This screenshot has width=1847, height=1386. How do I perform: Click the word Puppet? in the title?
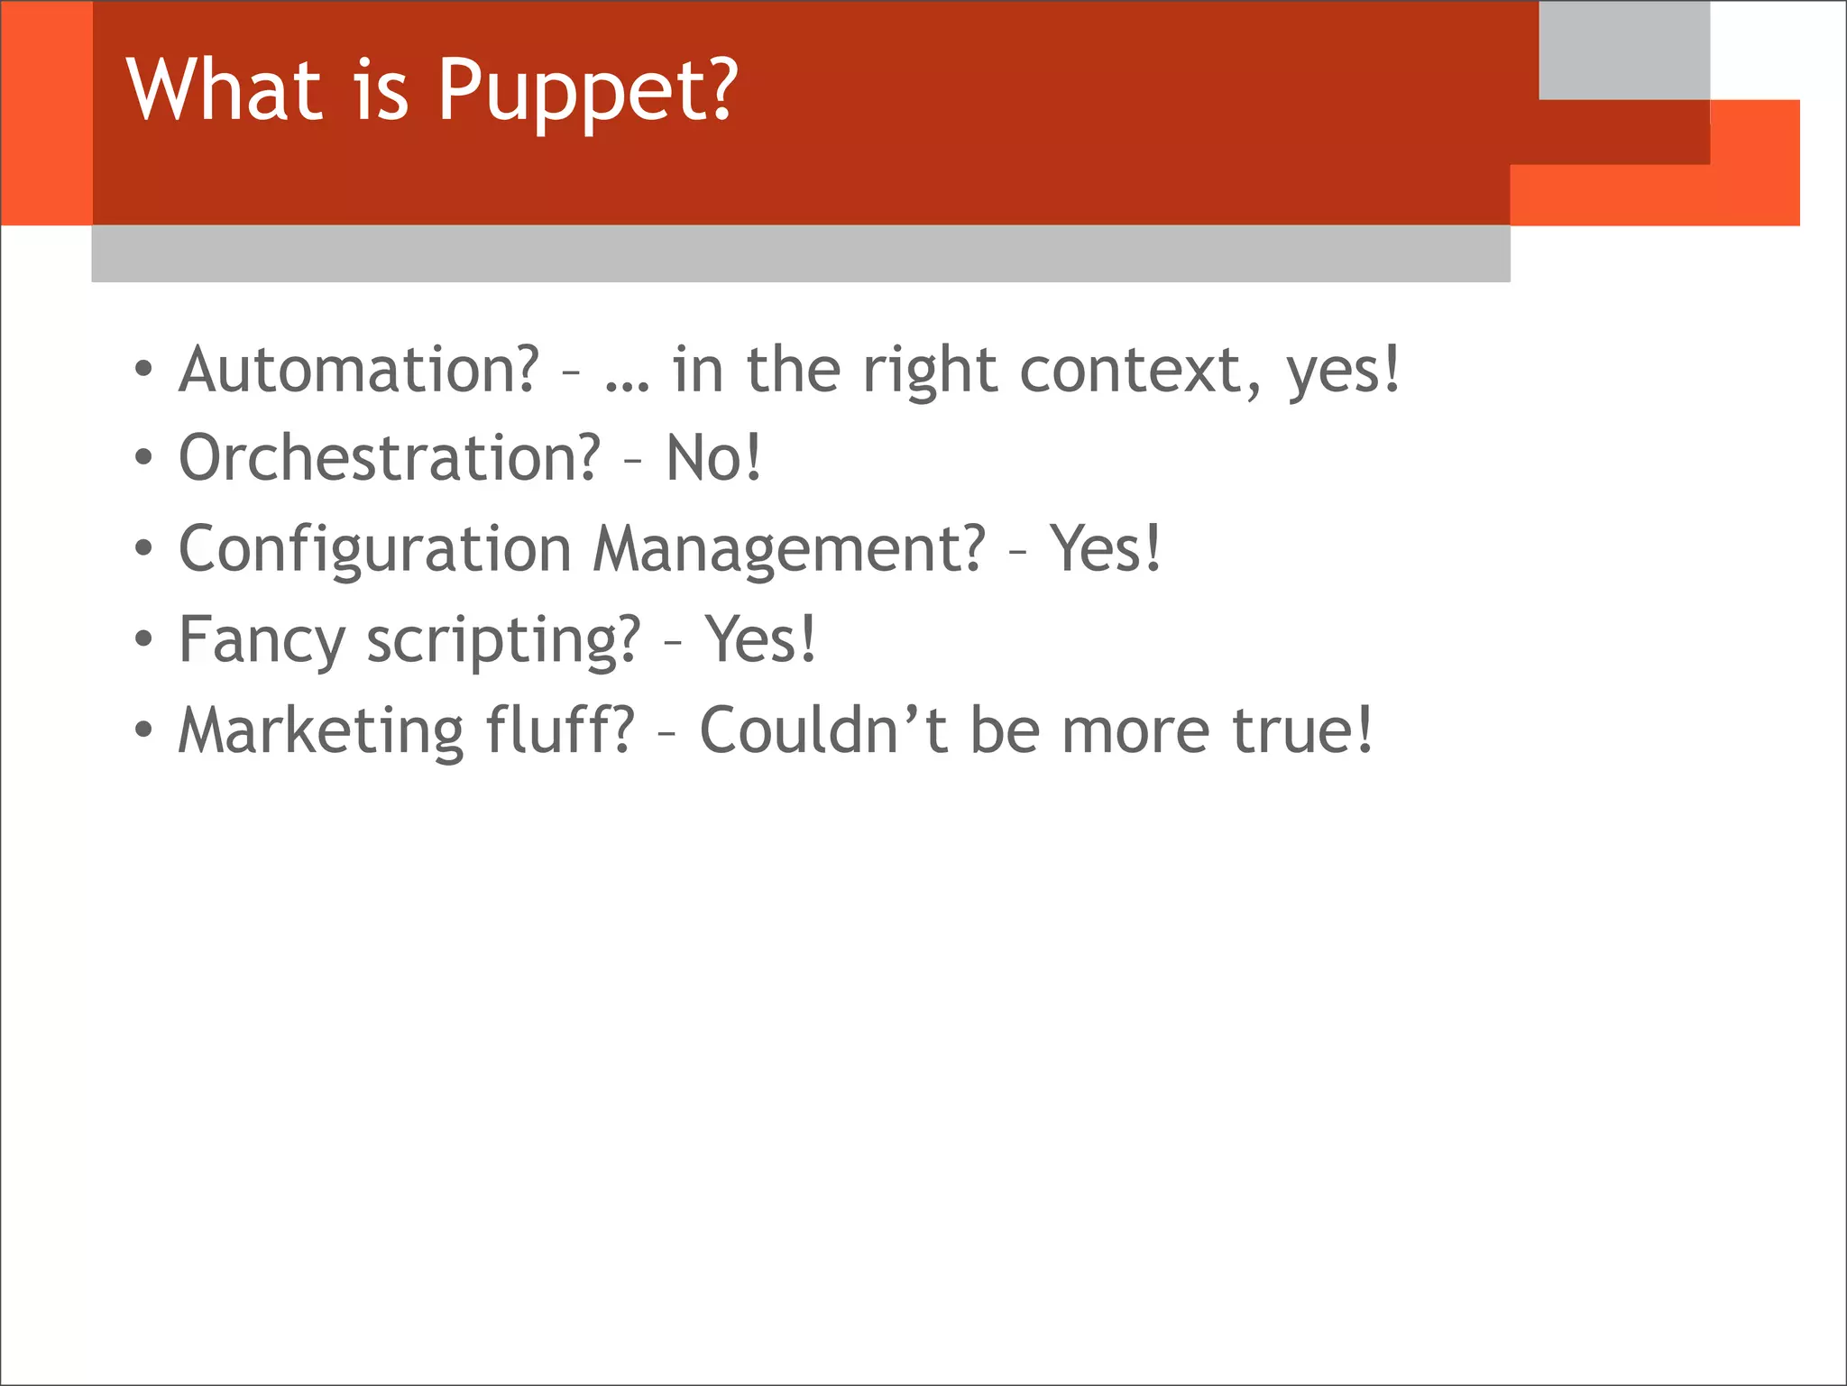tap(588, 90)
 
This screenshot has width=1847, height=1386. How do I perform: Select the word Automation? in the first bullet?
tap(359, 370)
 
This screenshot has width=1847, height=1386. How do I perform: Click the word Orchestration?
tap(389, 458)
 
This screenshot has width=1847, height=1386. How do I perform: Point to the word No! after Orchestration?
tap(713, 458)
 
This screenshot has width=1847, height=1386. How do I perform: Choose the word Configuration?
tap(375, 548)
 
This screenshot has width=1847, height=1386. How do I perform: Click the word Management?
tap(789, 548)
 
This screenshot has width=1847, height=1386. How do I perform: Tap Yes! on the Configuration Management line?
tap(1105, 548)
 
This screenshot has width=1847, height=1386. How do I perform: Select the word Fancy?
tap(262, 640)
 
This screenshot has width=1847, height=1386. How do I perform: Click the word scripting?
tap(503, 640)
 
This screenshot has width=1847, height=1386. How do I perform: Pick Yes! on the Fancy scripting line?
tap(760, 640)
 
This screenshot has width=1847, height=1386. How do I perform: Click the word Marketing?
tap(321, 730)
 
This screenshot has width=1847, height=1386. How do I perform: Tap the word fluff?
tap(560, 730)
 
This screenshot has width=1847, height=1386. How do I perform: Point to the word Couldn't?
tap(822, 730)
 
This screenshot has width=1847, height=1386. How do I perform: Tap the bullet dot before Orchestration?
tap(143, 458)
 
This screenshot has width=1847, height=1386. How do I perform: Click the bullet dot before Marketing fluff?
tap(143, 730)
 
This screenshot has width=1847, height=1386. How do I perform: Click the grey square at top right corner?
tap(1623, 50)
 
